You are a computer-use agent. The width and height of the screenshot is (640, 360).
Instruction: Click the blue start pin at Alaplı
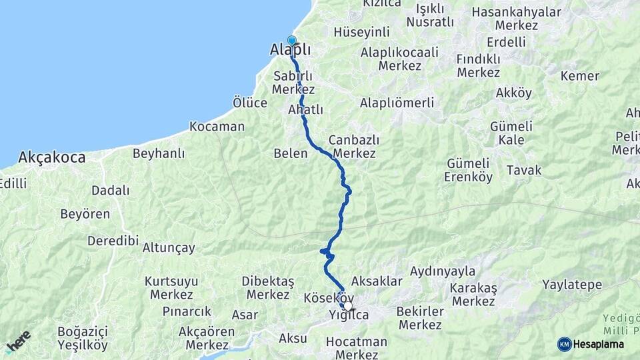tap(291, 40)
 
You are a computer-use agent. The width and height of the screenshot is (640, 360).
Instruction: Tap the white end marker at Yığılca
tap(347, 306)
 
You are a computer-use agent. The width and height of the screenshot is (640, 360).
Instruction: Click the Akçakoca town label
tap(52, 158)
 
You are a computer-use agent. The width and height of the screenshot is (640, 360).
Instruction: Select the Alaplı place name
tap(291, 51)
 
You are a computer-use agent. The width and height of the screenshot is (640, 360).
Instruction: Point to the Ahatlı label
tap(306, 110)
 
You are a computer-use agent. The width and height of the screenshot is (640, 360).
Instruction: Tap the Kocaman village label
tap(217, 126)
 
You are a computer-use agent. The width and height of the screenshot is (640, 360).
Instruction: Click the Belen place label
tap(291, 153)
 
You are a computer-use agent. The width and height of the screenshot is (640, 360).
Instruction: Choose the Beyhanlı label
tap(159, 153)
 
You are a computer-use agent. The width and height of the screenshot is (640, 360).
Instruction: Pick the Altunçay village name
tap(169, 248)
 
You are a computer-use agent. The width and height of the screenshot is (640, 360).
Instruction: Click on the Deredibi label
tap(113, 241)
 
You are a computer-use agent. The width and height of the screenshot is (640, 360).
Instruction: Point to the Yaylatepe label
tap(572, 285)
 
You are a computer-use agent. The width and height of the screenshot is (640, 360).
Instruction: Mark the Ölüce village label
tap(250, 103)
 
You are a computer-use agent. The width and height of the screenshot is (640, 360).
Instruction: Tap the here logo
tap(19, 341)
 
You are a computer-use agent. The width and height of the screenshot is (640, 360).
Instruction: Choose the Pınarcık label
tap(187, 311)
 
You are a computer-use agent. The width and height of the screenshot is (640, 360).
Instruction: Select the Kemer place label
tap(579, 76)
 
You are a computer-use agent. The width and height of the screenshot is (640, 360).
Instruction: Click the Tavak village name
tap(524, 170)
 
